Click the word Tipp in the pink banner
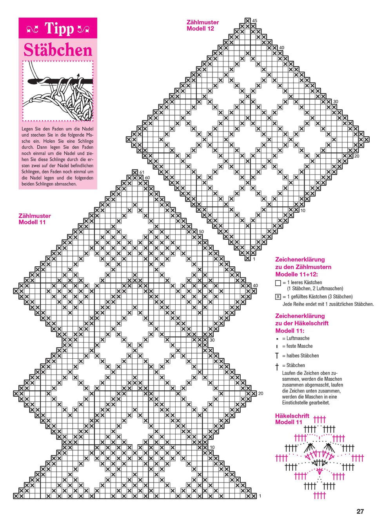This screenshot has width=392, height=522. click(x=59, y=28)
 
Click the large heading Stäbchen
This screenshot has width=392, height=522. click(x=58, y=50)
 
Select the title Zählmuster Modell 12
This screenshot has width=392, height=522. click(x=203, y=25)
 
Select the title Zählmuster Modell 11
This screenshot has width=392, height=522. click(x=34, y=219)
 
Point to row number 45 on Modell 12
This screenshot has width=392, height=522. click(x=255, y=21)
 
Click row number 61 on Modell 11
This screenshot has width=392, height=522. click(x=142, y=172)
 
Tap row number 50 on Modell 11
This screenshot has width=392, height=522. click(x=201, y=232)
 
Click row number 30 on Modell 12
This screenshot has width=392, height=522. click(x=335, y=102)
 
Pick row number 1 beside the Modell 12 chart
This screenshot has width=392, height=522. click(x=254, y=259)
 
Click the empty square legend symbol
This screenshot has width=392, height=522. click(x=278, y=283)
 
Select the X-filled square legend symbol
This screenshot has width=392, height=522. click(x=278, y=297)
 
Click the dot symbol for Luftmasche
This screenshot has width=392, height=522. click(x=277, y=339)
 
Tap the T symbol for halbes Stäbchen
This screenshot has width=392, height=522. click(x=277, y=356)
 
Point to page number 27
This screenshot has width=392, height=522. click(x=360, y=511)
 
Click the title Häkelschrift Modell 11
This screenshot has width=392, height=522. click(x=292, y=419)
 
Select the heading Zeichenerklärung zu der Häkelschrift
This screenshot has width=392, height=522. click(x=302, y=323)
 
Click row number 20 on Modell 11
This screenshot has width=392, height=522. click(x=261, y=394)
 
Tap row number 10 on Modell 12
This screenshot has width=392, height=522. click(x=303, y=211)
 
